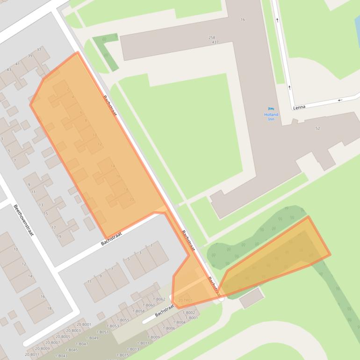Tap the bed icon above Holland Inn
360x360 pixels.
tap(271, 109)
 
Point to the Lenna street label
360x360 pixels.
tap(299, 107)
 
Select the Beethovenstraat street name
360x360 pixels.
tap(23, 220)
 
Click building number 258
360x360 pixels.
tap(212, 37)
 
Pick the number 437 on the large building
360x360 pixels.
tap(215, 43)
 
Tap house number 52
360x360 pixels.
tap(318, 128)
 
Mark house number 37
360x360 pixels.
tap(39, 50)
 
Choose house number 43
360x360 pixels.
tap(9, 70)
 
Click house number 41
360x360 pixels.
tap(17, 64)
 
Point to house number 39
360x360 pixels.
tap(30, 56)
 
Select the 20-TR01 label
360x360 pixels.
tap(185, 300)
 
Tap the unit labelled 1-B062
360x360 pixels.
tap(160, 299)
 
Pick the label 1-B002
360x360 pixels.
tap(189, 312)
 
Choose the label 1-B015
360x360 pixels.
tap(122, 355)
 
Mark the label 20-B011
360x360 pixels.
tap(32, 354)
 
